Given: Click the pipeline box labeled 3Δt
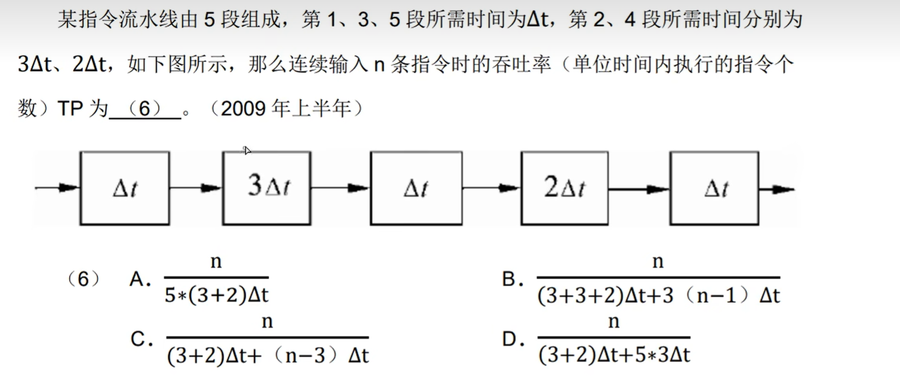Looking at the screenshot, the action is (x=267, y=187).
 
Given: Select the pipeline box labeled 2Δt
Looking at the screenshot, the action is (x=564, y=188).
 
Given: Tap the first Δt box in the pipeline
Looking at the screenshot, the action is (x=125, y=188).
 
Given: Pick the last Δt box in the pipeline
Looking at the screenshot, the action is (x=714, y=188).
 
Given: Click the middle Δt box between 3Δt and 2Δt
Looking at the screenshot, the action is (x=416, y=188).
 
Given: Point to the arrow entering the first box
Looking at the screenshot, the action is (x=57, y=188).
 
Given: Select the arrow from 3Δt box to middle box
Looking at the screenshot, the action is (x=340, y=188).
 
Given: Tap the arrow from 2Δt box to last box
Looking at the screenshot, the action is (x=639, y=188).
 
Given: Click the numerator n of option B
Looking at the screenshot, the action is (x=658, y=262).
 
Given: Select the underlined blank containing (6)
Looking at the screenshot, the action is (x=145, y=110).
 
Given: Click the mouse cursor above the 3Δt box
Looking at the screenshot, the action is (x=247, y=150).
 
